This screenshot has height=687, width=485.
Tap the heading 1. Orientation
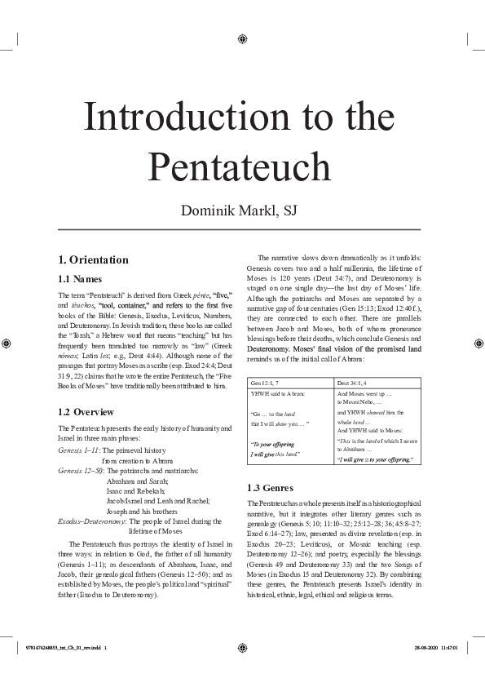click(93, 259)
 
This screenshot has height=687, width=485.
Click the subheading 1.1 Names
click(80, 279)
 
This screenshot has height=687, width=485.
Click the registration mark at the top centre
click(243, 38)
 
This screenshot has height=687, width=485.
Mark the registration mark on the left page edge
click(7, 343)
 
